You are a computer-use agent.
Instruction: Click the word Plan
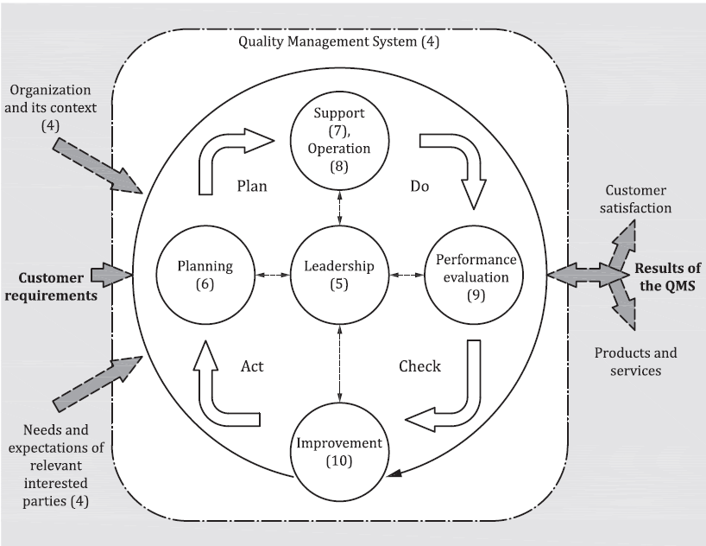tap(252, 187)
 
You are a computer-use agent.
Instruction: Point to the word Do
tap(419, 187)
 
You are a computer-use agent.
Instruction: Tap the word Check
tap(419, 366)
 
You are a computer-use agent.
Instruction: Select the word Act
tap(252, 366)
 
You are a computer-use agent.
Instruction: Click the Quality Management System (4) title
tap(338, 41)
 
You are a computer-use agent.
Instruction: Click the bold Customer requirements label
tap(51, 287)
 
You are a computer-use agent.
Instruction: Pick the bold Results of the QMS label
tap(668, 276)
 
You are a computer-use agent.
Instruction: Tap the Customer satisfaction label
tap(635, 199)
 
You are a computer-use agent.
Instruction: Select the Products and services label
tap(635, 362)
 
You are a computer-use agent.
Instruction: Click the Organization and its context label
tap(50, 108)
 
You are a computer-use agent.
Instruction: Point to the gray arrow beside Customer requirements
tap(111, 275)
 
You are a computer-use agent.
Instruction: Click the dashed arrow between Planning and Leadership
tap(273, 275)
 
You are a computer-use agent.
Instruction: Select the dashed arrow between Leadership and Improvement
tap(339, 364)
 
